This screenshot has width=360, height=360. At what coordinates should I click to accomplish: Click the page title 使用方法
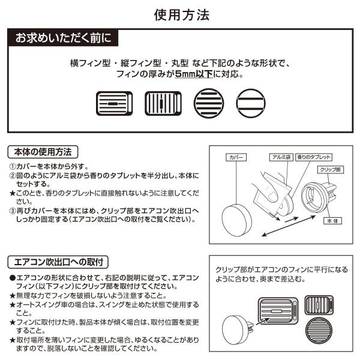180,15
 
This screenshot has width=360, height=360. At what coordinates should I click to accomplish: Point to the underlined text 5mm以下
191,76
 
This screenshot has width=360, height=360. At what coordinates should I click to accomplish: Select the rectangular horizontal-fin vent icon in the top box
113,103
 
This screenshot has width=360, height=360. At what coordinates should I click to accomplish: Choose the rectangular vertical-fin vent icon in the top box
163,103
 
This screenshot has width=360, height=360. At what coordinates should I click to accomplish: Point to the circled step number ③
13,211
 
